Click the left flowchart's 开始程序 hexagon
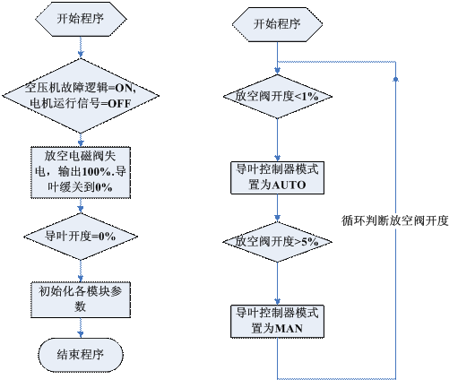[81, 19]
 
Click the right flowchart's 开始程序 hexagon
[277, 24]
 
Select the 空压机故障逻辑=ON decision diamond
[81, 96]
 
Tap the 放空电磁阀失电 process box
[81, 172]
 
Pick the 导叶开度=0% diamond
[81, 237]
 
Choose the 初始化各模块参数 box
[81, 299]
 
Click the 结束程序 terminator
[81, 355]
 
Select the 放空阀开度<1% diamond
[277, 96]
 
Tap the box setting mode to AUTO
[277, 177]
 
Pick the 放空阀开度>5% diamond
[277, 242]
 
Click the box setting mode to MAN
[277, 322]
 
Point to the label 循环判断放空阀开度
[395, 220]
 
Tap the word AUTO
[289, 185]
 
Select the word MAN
[289, 329]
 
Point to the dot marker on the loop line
[395, 79]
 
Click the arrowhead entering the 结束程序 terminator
[81, 334]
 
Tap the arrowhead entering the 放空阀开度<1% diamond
[277, 71]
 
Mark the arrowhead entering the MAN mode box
[277, 301]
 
